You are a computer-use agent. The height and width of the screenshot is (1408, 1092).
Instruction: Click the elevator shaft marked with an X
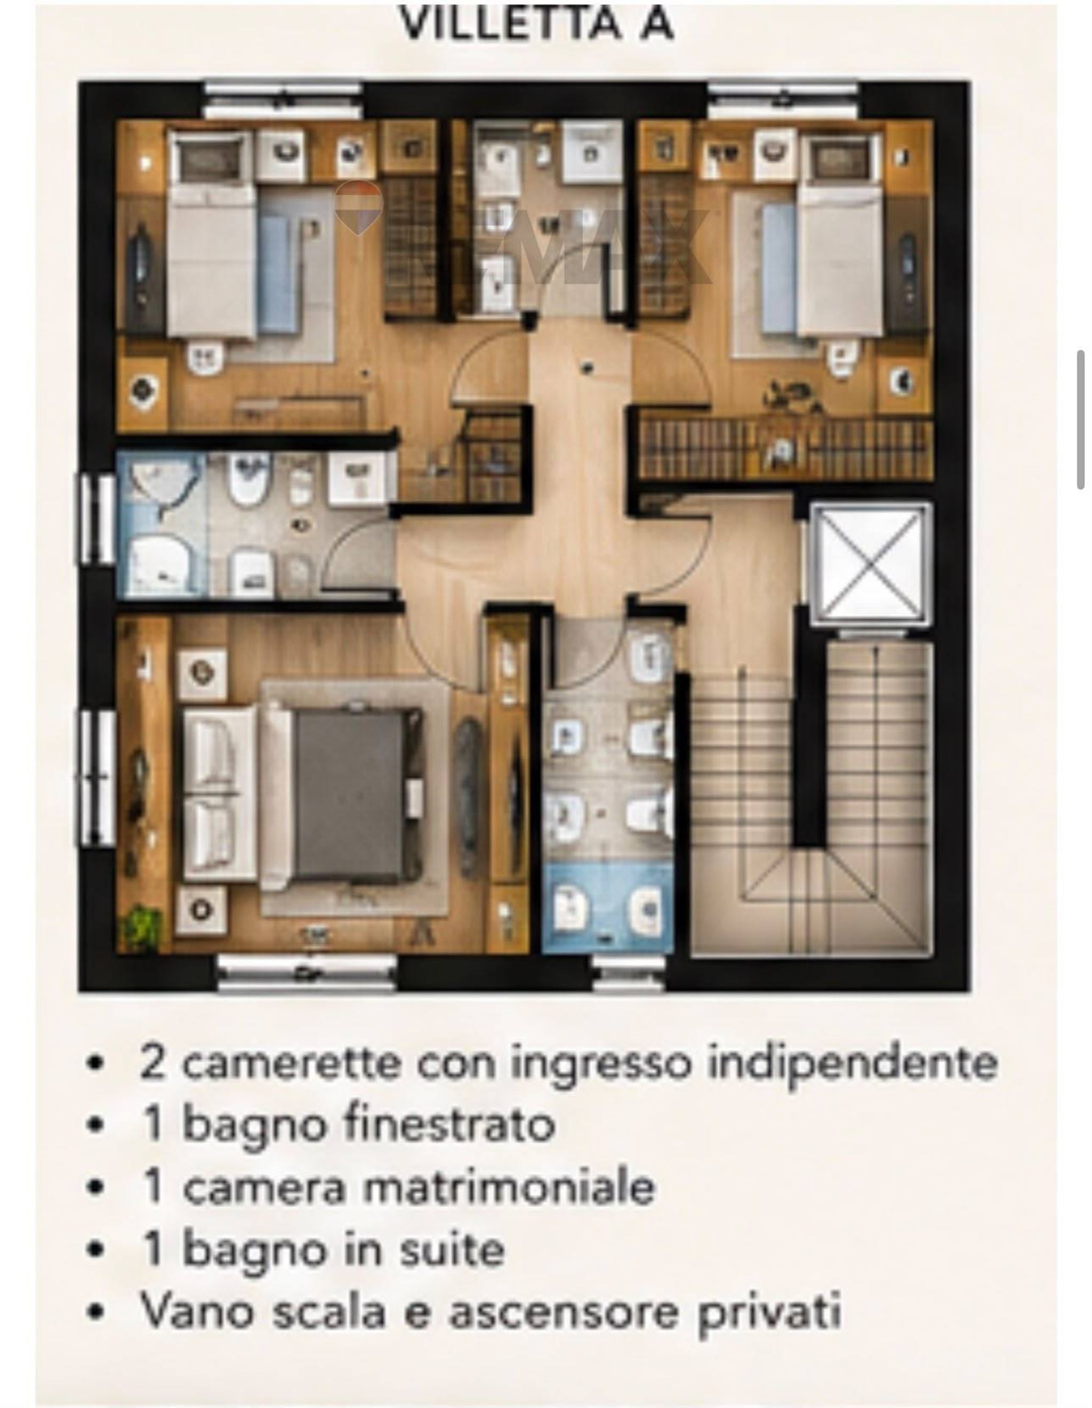871,564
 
